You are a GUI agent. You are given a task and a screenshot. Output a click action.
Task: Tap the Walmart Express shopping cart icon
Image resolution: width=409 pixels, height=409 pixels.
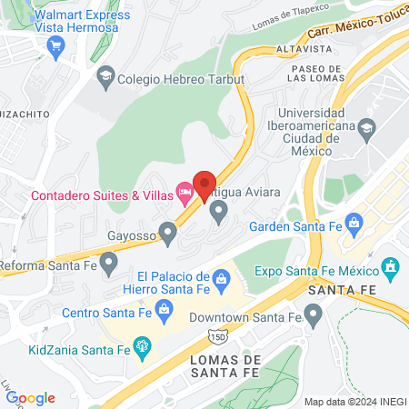(59, 46)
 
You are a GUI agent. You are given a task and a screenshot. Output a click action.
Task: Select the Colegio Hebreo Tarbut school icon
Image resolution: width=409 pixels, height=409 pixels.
(105, 78)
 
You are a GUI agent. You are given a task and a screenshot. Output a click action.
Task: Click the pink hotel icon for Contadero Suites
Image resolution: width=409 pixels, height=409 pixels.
(185, 191)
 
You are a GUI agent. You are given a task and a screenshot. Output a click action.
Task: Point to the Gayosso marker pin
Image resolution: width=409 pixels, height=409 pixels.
(167, 232)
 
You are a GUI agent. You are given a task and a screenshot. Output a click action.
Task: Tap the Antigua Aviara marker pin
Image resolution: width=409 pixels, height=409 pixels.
(218, 213)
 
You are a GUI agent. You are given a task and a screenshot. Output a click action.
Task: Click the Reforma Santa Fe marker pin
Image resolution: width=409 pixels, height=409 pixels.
(109, 264)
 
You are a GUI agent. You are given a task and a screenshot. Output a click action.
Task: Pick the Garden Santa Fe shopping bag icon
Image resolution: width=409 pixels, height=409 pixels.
(354, 221)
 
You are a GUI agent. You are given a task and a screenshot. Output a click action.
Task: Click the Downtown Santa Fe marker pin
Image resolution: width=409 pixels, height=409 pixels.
(314, 317)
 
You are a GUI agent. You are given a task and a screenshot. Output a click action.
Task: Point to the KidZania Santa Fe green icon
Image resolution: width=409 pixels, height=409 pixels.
(142, 345)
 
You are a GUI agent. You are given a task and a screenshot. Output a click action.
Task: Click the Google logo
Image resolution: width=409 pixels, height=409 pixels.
(30, 398)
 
